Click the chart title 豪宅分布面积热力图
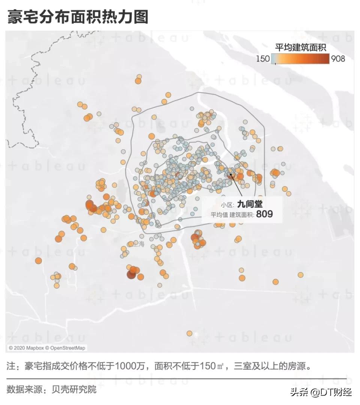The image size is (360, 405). pos(78,17)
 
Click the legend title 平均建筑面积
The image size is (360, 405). pos(300,48)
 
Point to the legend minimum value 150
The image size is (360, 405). pos(263,58)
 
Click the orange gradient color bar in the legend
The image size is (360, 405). pos(300,59)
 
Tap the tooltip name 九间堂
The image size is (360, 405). pos(250,204)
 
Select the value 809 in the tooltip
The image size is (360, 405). pos(264,214)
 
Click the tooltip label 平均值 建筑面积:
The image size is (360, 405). pos(232,214)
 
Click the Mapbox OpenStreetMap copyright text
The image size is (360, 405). pos(47,348)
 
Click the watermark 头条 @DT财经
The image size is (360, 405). pos(321,392)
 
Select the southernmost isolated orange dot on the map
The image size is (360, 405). pos(189,333)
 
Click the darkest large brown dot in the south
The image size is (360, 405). pos(131,275)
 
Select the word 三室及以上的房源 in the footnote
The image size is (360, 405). pos(272,366)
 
